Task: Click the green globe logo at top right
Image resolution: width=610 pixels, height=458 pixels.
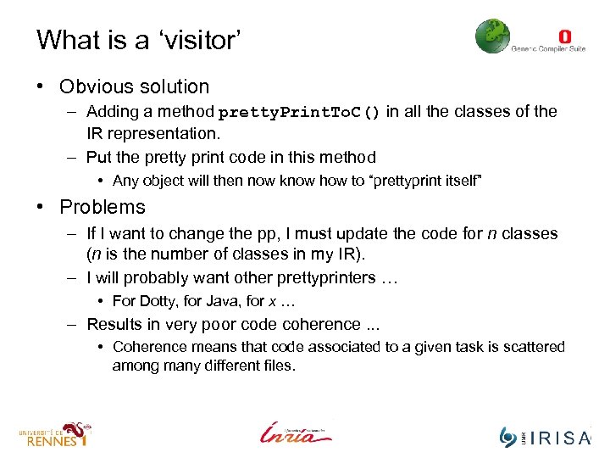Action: point(492,36)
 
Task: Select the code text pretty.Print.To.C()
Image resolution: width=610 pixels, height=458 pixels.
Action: point(299,113)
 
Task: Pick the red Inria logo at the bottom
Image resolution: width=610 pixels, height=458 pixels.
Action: point(296,433)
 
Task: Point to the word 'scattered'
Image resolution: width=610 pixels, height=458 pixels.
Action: point(535,347)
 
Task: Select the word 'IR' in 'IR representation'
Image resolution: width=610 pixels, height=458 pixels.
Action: point(95,133)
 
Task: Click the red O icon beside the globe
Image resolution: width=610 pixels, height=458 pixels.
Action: point(565,36)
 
